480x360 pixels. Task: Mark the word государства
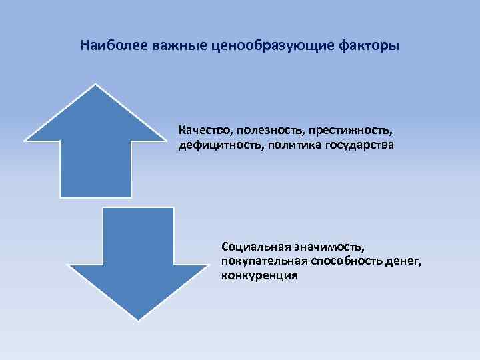click(x=360, y=143)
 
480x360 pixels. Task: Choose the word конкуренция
click(x=259, y=275)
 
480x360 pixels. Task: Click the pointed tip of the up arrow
click(x=96, y=85)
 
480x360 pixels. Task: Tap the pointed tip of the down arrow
click(x=137, y=319)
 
